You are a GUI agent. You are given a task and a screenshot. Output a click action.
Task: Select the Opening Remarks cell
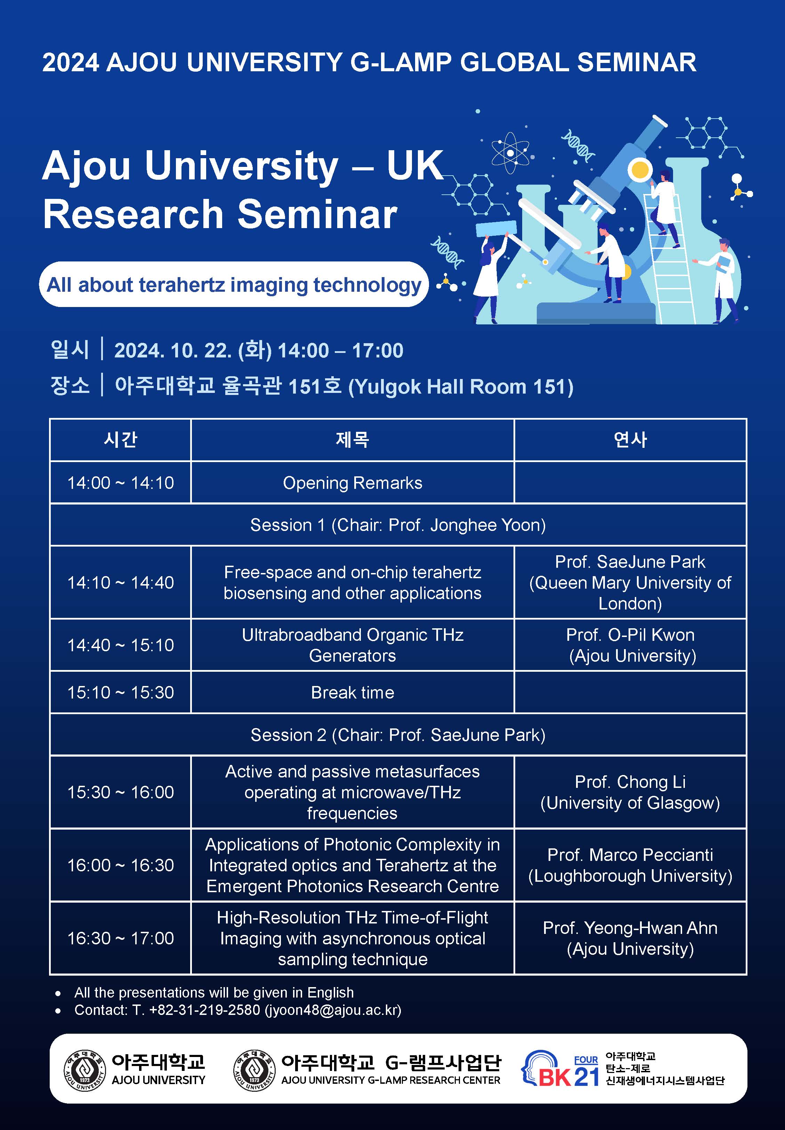[352, 483]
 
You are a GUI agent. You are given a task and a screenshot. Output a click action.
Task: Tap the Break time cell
[352, 692]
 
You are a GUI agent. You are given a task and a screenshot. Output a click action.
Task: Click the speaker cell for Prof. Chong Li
[630, 792]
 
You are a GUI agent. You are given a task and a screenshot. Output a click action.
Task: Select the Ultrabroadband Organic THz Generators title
[352, 645]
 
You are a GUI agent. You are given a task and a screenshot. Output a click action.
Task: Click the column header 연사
[630, 439]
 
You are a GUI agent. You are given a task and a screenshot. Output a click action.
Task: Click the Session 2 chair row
[398, 734]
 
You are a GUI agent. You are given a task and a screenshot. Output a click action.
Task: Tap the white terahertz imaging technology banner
[234, 284]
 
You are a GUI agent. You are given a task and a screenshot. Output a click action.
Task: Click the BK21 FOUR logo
[561, 1069]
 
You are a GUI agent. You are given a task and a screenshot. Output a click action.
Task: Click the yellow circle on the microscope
[640, 170]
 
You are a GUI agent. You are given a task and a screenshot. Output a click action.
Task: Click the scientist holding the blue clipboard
[721, 278]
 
